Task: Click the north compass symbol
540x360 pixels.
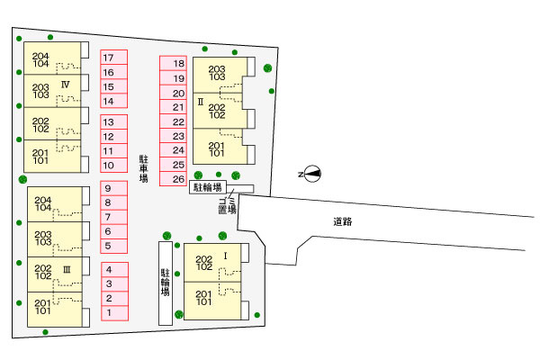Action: [x=310, y=174]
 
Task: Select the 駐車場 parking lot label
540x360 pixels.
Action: [x=143, y=168]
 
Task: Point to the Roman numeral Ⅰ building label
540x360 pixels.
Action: [x=226, y=256]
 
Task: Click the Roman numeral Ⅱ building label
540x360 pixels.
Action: [x=202, y=102]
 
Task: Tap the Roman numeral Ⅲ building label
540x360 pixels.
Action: [x=67, y=269]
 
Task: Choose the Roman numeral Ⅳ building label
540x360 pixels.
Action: [x=66, y=84]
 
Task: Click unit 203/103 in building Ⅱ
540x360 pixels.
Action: [x=217, y=73]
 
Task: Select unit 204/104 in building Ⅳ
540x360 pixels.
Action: [x=40, y=59]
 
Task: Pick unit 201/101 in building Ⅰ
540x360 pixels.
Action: [x=204, y=299]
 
